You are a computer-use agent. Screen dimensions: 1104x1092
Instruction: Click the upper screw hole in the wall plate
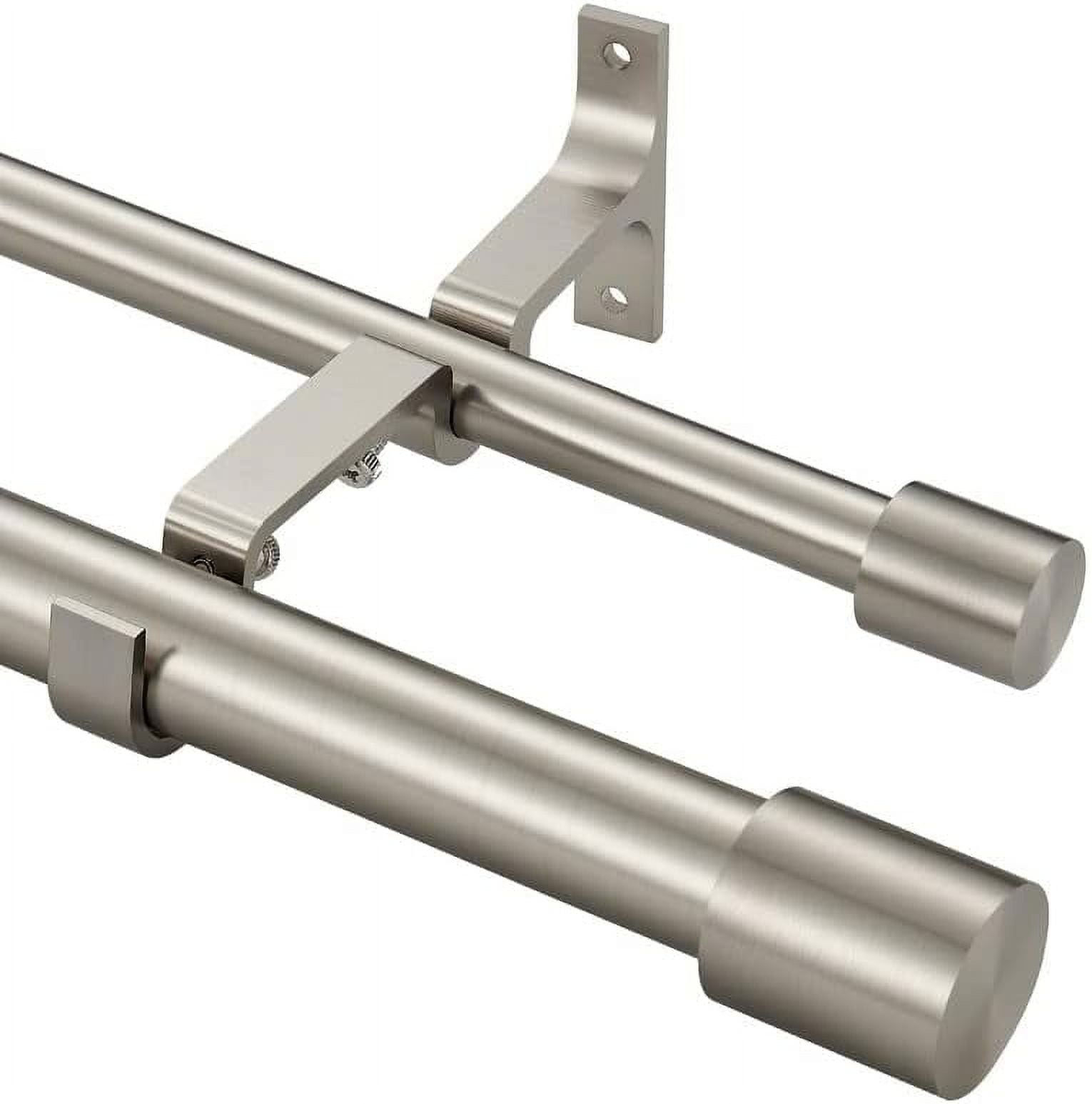click(x=618, y=54)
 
